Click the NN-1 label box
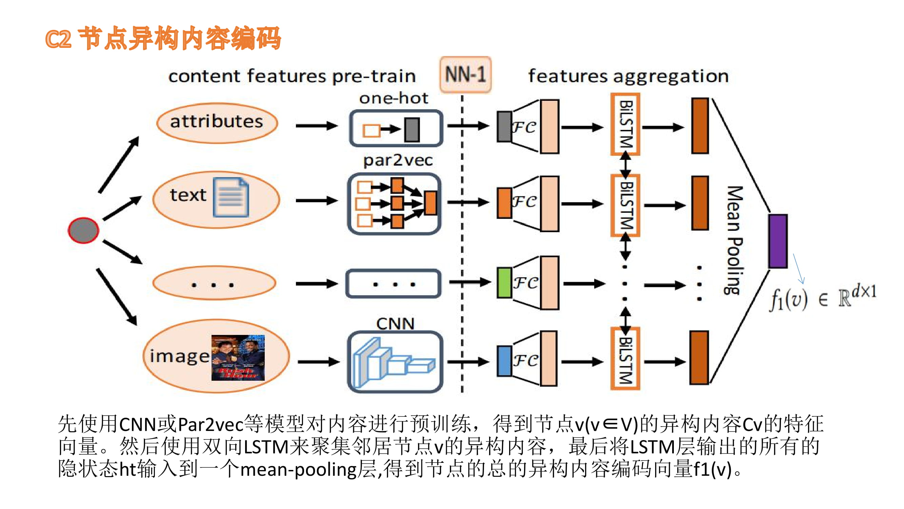click(x=465, y=74)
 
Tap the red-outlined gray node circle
click(x=83, y=230)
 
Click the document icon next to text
click(x=231, y=197)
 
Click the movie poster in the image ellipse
click(x=238, y=358)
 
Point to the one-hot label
click(x=394, y=98)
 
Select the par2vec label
click(x=398, y=161)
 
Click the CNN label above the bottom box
click(x=395, y=323)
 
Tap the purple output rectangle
click(x=778, y=241)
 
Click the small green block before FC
click(x=504, y=283)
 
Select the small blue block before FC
click(x=504, y=361)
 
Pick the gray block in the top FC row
click(x=504, y=127)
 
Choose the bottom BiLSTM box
click(x=625, y=359)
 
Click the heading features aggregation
click(x=628, y=76)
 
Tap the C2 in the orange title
click(x=58, y=39)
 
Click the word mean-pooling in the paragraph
click(x=298, y=470)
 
